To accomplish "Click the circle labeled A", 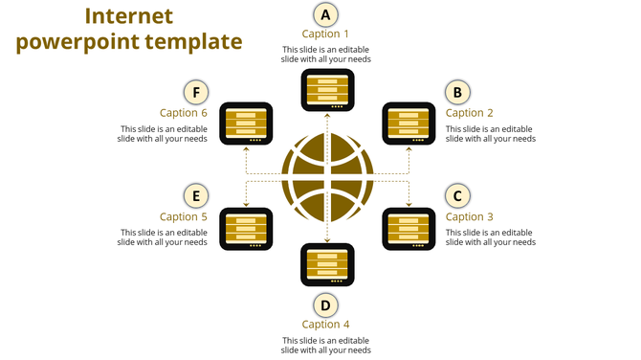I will (326, 14).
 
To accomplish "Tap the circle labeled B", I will (457, 92).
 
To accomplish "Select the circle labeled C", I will (457, 196).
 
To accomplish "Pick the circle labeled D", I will (326, 305).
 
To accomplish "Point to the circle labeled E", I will (195, 196).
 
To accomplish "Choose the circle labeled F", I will (195, 92).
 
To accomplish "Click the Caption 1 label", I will (326, 34).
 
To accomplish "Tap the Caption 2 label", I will (471, 113).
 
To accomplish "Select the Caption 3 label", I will (471, 217).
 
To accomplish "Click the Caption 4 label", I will (326, 325).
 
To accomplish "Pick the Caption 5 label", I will (183, 217).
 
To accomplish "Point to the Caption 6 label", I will (183, 113).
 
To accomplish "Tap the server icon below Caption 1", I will (327, 89).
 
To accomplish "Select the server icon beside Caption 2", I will (409, 124).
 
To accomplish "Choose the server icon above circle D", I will (327, 264).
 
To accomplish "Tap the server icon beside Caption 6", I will (246, 124).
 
